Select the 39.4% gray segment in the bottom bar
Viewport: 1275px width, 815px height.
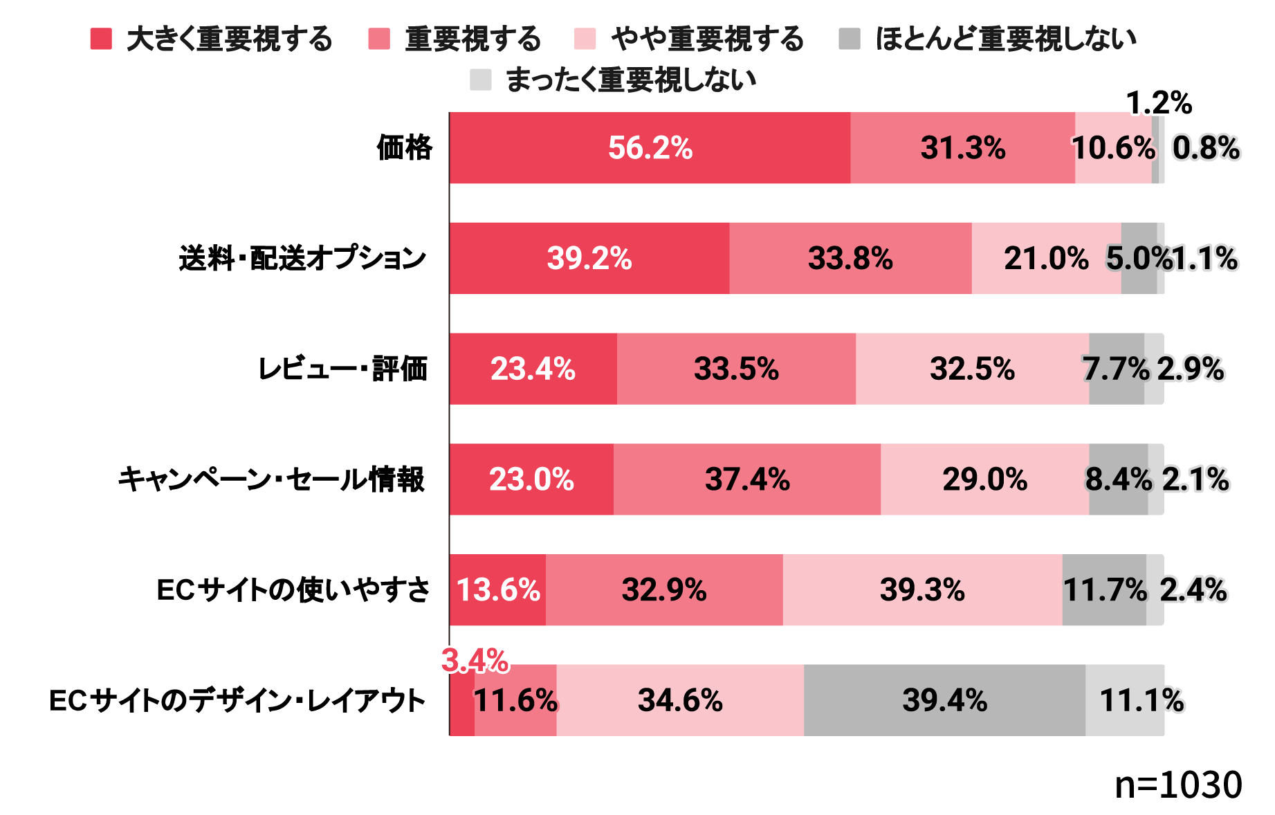click(944, 700)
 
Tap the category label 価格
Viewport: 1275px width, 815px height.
click(405, 148)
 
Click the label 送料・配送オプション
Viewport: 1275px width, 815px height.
click(302, 259)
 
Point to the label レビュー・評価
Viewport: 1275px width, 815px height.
click(342, 369)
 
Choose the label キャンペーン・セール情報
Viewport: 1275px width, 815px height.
click(271, 479)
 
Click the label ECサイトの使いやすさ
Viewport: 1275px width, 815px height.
click(293, 590)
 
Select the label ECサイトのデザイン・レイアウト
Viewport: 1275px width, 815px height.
click(237, 700)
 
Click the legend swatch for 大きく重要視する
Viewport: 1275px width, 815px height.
click(101, 39)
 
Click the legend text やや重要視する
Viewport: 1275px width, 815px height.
click(707, 39)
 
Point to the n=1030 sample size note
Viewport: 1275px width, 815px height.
click(1178, 785)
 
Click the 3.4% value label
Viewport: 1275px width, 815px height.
click(475, 661)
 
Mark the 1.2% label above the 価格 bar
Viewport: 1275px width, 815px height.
click(1159, 104)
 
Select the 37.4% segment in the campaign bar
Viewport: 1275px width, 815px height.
click(747, 479)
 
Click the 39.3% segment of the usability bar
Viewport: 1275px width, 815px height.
click(922, 590)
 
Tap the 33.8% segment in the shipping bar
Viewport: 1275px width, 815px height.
click(850, 259)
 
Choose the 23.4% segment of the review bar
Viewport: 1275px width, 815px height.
click(533, 369)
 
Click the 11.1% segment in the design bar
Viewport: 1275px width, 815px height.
click(1125, 700)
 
